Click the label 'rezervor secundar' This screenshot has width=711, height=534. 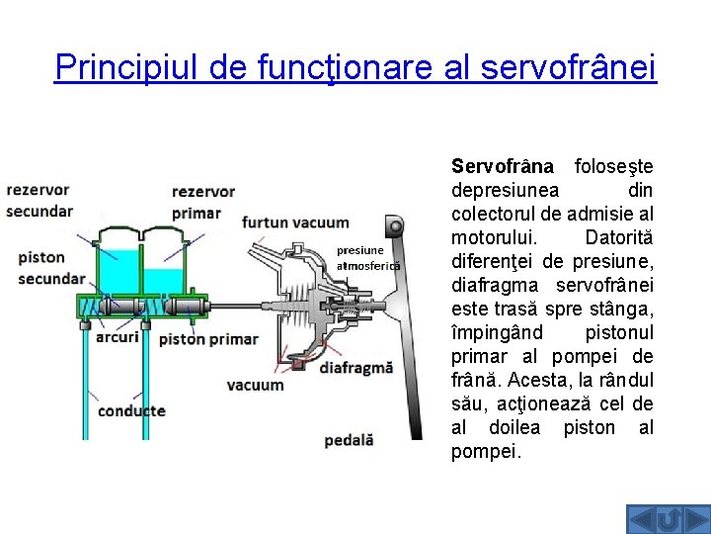point(39,200)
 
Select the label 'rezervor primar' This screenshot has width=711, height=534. point(203,202)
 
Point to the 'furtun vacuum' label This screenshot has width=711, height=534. point(295,222)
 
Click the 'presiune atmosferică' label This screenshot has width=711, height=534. point(368,258)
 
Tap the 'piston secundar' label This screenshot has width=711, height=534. point(50,268)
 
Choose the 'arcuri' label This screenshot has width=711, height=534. point(118,337)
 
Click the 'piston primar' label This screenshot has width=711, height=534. point(208,339)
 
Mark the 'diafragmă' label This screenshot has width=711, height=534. point(356,366)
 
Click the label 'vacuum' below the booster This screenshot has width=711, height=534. point(255,385)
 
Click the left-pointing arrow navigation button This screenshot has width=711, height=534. point(641,518)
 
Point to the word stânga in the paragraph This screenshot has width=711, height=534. point(623,309)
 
